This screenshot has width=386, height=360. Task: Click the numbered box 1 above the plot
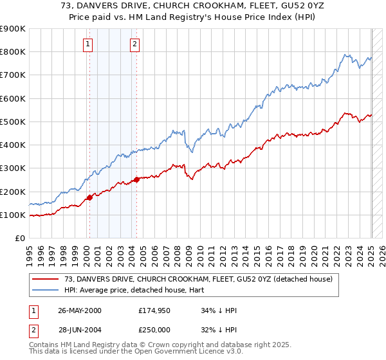point(87,44)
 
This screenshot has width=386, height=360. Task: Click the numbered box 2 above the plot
point(134,44)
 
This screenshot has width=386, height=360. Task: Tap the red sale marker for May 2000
point(89,197)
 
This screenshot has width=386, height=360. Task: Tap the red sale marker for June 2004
point(136,180)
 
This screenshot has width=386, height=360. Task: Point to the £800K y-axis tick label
point(13,52)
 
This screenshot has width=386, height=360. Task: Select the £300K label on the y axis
point(13,168)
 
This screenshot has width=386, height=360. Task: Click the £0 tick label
point(21,239)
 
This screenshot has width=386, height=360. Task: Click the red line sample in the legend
point(46,279)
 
